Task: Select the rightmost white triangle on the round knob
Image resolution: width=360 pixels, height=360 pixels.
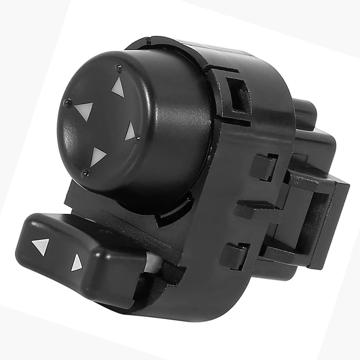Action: [x=130, y=132]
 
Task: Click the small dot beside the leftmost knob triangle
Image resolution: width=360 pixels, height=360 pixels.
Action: [x=66, y=103]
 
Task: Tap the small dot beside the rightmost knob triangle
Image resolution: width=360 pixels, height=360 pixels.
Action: [x=138, y=139]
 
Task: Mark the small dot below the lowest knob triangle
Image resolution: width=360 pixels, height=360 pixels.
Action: [x=85, y=174]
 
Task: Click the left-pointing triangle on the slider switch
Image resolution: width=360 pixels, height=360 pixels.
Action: [x=41, y=246]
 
